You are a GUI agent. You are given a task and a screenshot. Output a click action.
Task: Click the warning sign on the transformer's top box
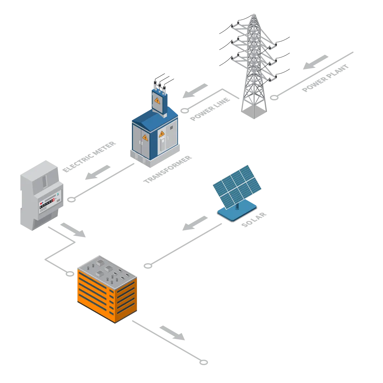pos(157,101)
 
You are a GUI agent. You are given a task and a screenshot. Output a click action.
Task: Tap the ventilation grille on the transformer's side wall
pos(172,127)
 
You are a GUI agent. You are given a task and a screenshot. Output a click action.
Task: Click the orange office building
pos(107,291)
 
